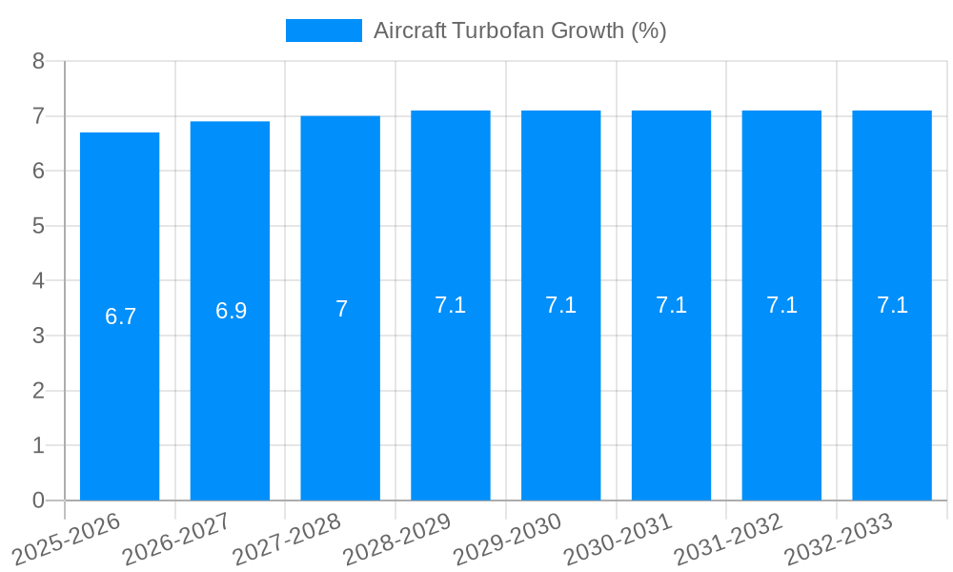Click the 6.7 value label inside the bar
click(120, 317)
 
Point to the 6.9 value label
click(231, 311)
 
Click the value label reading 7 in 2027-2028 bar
click(341, 309)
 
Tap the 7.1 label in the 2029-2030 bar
click(560, 305)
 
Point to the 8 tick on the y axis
click(38, 61)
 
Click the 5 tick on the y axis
click(38, 226)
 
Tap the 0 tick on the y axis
click(38, 500)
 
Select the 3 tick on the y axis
click(38, 336)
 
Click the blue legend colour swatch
click(324, 31)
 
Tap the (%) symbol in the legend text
click(648, 31)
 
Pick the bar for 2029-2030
click(560, 400)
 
